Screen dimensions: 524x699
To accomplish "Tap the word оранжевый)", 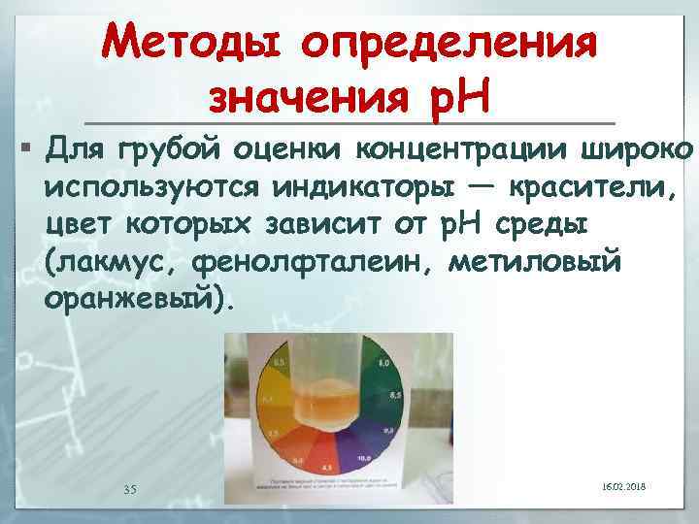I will click(139, 300).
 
